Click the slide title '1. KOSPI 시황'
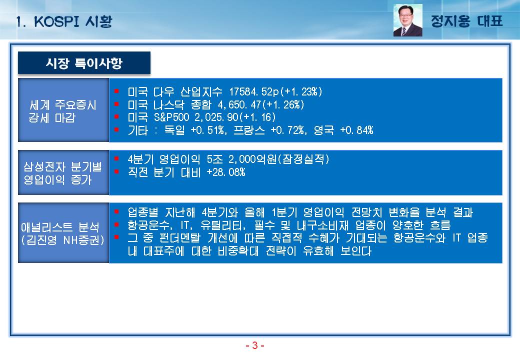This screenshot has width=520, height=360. tap(64, 22)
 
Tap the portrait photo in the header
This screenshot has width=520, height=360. tap(407, 20)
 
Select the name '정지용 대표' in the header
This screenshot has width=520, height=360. tap(466, 21)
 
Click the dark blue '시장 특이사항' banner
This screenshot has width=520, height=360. tap(84, 62)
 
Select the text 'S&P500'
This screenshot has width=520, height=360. tap(171, 117)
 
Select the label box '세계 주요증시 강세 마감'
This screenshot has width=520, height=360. tap(63, 110)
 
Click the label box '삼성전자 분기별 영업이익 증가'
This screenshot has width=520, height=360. tap(63, 172)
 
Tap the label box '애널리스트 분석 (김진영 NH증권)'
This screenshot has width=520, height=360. tap(63, 232)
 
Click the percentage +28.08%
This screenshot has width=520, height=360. tap(226, 172)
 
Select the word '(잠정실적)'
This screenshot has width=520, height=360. tap(303, 159)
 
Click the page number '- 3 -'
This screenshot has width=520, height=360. tap(254, 345)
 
